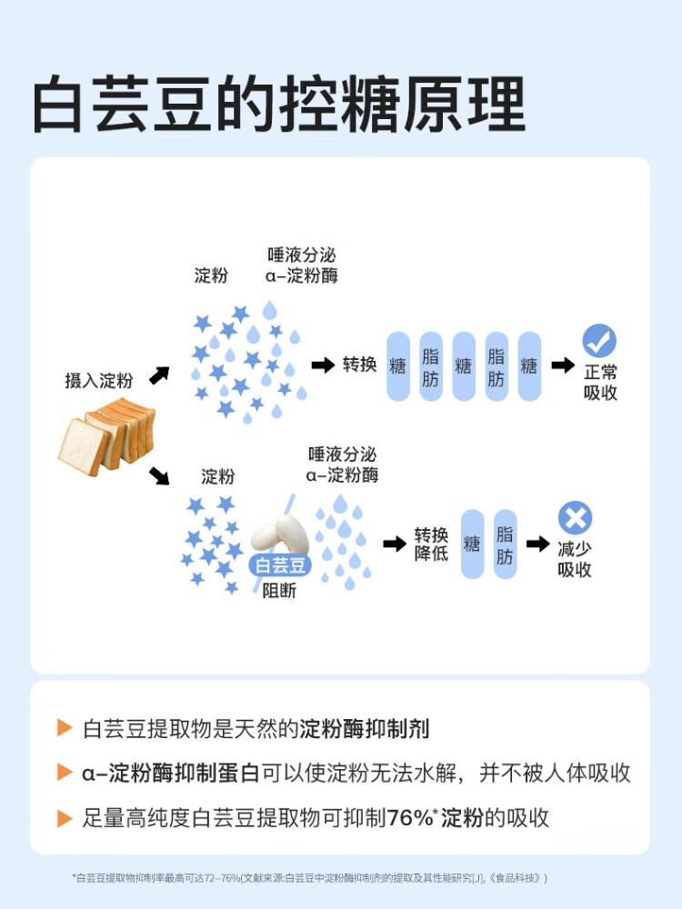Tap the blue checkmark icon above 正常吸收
[x=599, y=341]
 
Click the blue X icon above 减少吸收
[x=575, y=518]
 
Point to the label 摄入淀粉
[x=99, y=380]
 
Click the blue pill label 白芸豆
[x=281, y=565]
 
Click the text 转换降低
[x=431, y=544]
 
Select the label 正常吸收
[x=600, y=383]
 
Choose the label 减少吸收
[x=575, y=558]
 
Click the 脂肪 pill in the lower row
[x=505, y=544]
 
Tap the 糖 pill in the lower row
[x=472, y=544]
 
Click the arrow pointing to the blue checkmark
[x=563, y=365]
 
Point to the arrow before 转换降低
[x=394, y=544]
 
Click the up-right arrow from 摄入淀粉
[x=160, y=374]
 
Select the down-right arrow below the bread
[x=159, y=475]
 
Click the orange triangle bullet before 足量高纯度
[x=65, y=817]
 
